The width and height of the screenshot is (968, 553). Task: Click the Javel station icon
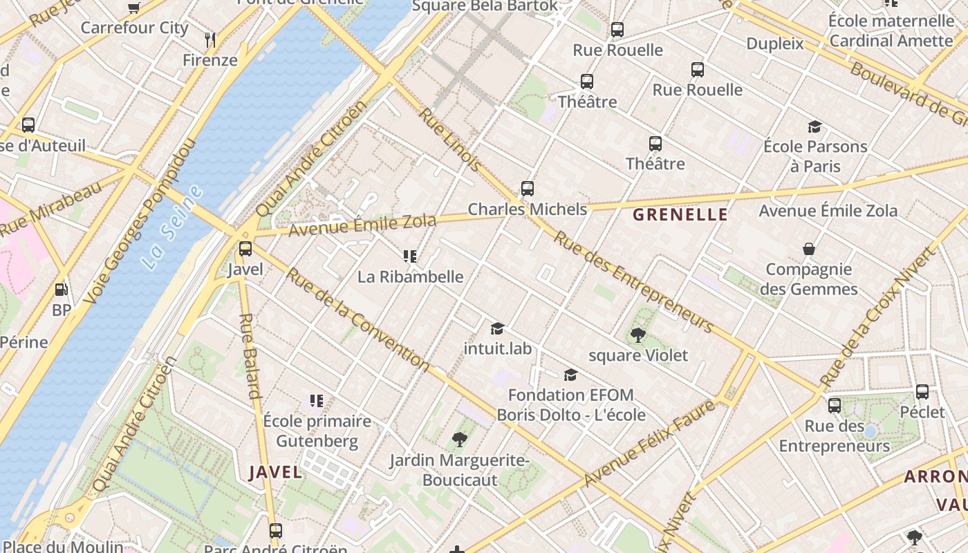click(x=245, y=249)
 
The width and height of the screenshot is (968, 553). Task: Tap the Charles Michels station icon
click(x=528, y=189)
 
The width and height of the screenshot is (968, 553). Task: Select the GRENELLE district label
click(x=680, y=214)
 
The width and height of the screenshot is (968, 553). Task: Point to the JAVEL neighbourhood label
click(x=275, y=472)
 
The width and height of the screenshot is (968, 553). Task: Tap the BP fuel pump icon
click(x=62, y=290)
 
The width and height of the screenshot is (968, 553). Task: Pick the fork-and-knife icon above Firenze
click(x=210, y=40)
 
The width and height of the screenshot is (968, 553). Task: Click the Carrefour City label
click(x=134, y=28)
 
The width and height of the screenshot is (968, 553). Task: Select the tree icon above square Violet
click(x=637, y=335)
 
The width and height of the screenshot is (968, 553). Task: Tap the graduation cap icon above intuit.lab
click(x=497, y=328)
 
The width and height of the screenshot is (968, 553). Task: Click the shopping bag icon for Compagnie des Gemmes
click(x=808, y=249)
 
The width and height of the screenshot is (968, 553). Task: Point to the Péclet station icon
click(x=922, y=392)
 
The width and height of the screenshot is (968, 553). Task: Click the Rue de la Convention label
click(x=357, y=318)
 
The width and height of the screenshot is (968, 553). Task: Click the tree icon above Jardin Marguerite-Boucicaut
click(x=459, y=440)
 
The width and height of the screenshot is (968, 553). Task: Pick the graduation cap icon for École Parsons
click(x=815, y=126)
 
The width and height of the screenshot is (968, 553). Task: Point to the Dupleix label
click(x=775, y=44)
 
